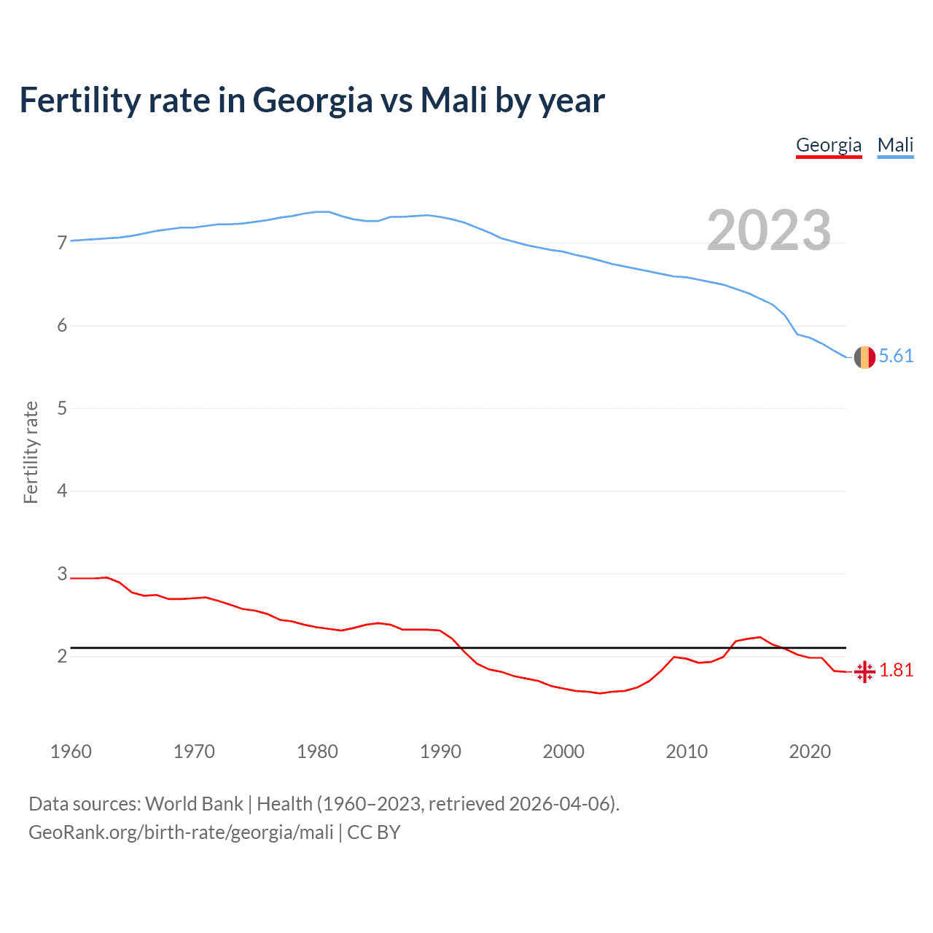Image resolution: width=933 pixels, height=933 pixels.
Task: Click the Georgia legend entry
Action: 829,145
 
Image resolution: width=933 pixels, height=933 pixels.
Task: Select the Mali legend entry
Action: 895,145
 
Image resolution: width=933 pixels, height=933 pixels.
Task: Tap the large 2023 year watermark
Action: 769,230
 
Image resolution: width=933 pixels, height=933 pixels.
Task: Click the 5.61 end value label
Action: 896,356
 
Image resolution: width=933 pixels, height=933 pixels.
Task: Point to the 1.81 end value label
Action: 897,670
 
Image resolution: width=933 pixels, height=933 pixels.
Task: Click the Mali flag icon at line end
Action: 864,357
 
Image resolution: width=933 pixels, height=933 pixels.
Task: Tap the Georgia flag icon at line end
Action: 864,671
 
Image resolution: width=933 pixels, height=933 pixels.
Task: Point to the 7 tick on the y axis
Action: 62,243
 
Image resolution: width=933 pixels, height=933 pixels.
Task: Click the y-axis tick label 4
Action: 62,491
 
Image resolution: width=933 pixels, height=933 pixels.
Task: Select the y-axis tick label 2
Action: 62,657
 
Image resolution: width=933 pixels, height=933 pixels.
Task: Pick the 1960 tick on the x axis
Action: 71,752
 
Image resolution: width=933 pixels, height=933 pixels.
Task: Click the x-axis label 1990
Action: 440,752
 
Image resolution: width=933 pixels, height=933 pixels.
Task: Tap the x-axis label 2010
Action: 687,752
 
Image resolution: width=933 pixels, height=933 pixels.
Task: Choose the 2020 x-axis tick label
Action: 810,752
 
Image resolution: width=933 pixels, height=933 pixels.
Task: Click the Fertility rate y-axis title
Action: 31,452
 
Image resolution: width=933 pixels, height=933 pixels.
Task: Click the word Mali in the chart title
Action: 453,101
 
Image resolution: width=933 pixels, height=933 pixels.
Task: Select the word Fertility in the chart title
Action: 79,101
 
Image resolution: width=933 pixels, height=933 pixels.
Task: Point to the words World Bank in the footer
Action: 194,804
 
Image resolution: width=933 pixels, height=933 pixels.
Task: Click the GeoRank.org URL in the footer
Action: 181,832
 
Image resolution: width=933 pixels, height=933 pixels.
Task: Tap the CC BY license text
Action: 374,832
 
